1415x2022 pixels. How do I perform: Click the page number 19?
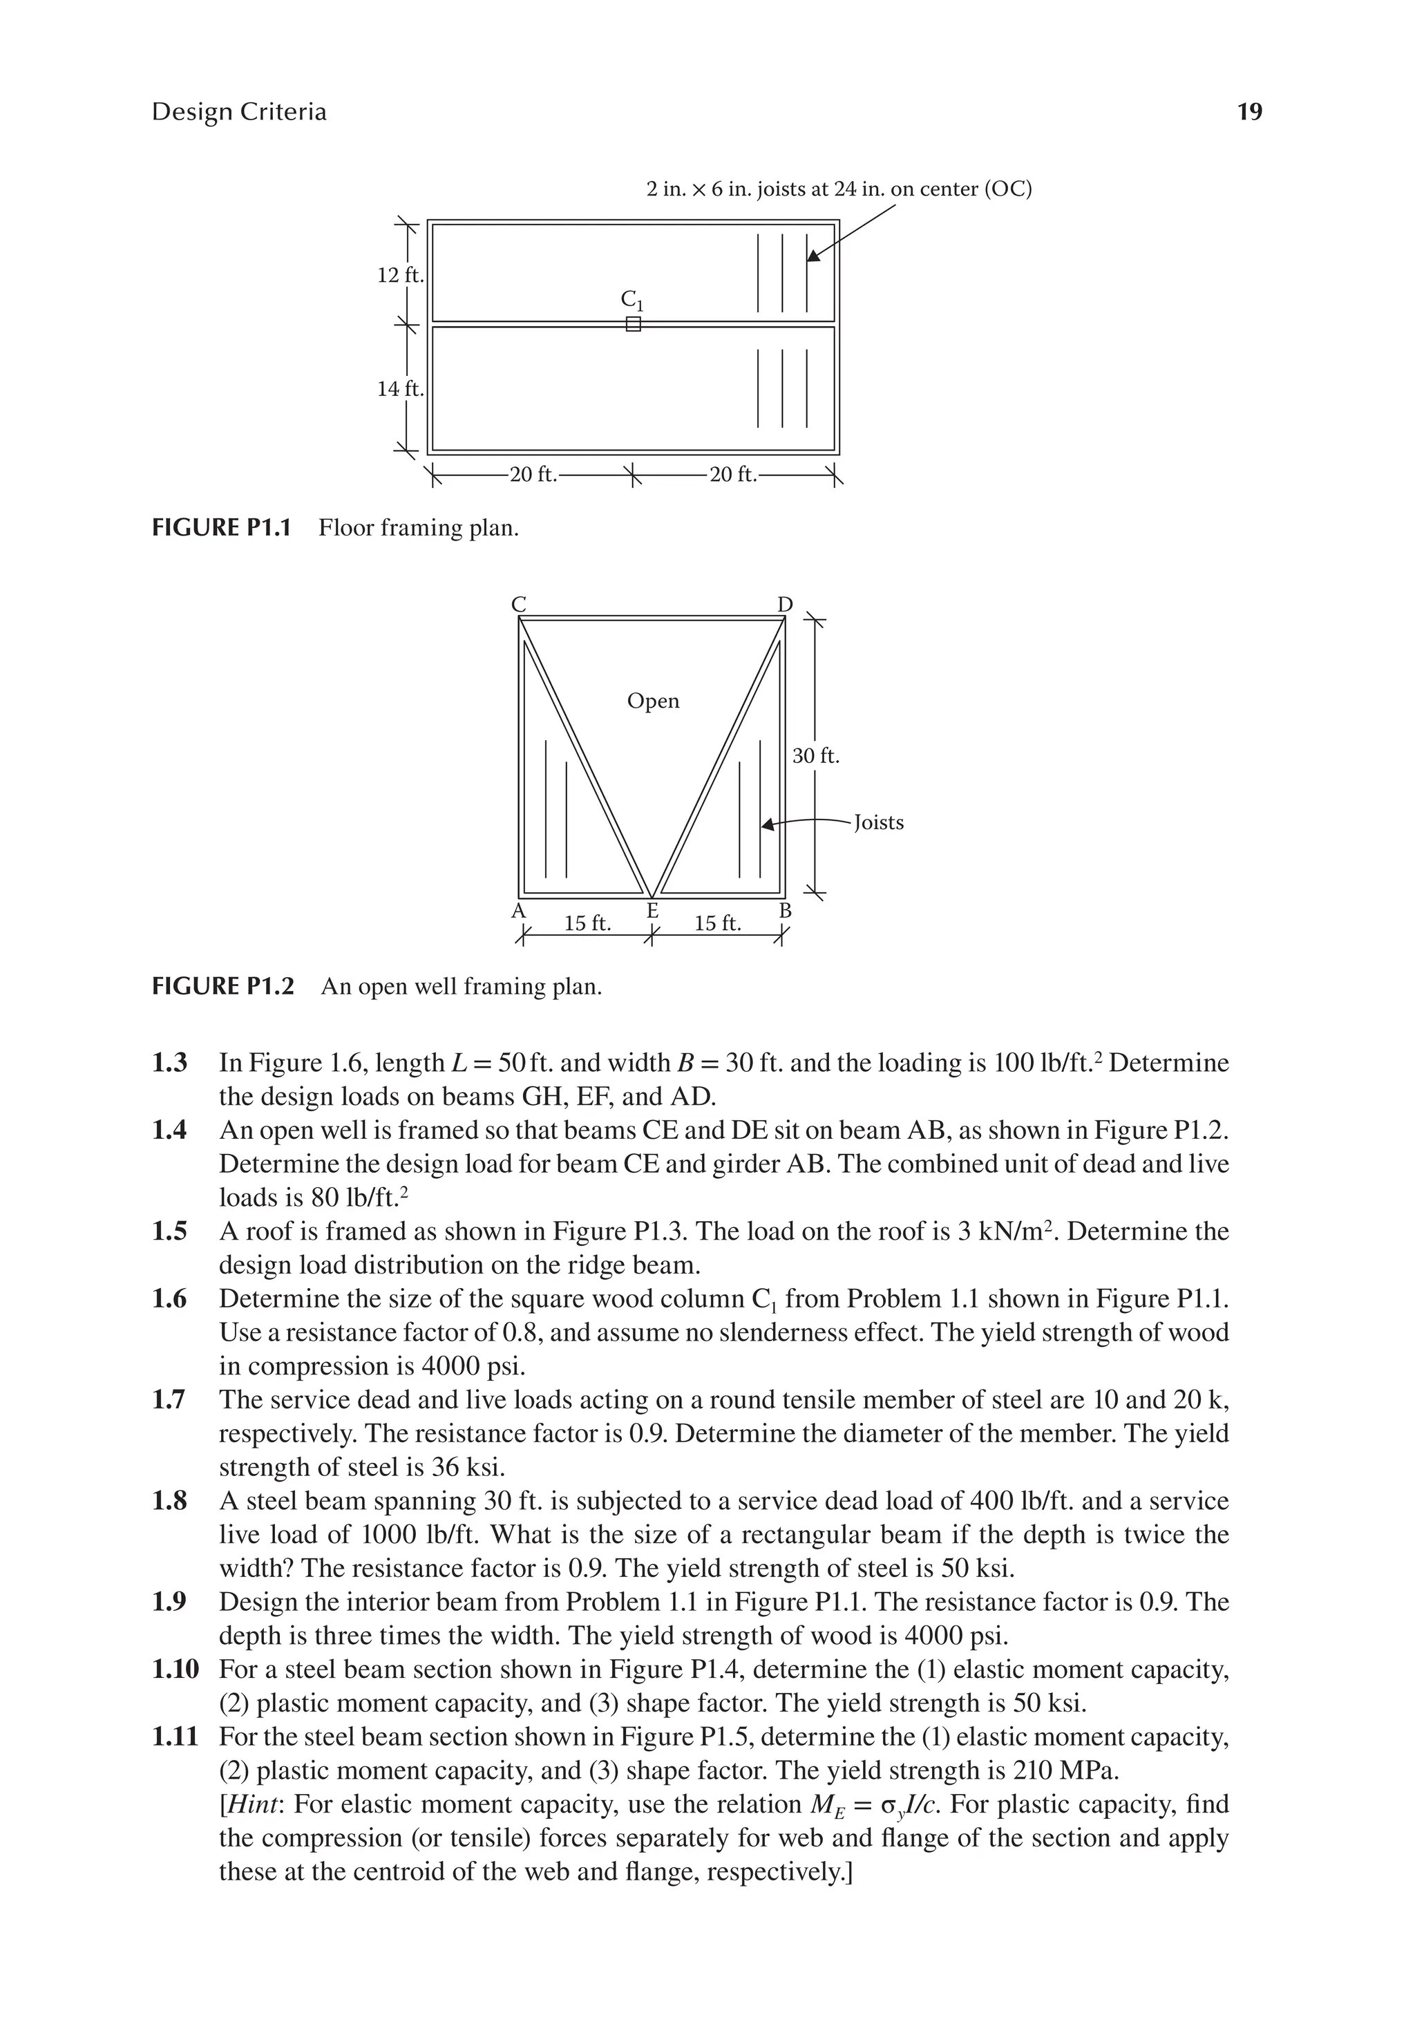[1248, 112]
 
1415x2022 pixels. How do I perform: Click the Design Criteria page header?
[238, 112]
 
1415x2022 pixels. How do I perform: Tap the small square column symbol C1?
[633, 325]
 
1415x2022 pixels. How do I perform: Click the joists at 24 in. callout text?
[838, 189]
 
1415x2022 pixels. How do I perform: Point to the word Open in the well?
[652, 701]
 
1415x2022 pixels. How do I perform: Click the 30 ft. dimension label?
[815, 755]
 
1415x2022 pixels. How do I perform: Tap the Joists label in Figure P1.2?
[879, 822]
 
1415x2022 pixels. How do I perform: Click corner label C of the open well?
[519, 604]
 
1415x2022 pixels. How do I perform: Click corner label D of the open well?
[785, 604]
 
